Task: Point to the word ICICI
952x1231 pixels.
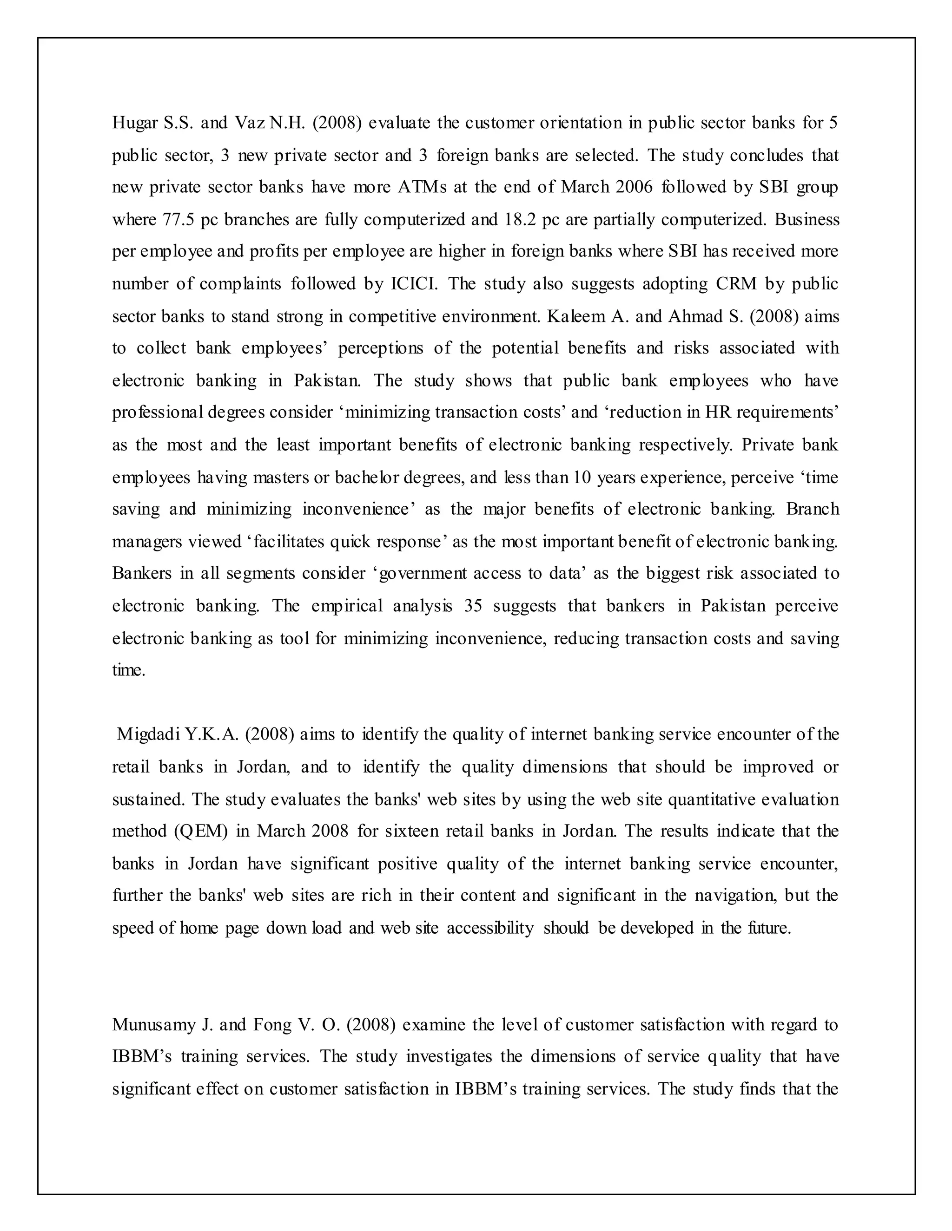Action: coord(415,283)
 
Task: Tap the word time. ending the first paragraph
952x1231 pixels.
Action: coord(129,670)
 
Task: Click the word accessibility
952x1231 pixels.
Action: coord(490,928)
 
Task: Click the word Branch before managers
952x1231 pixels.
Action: coord(812,509)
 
